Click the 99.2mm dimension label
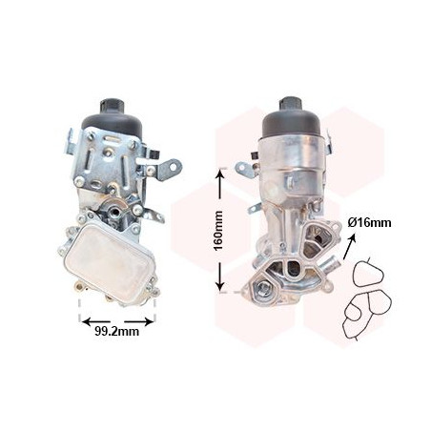point(117,332)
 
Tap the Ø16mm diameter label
point(369,223)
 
